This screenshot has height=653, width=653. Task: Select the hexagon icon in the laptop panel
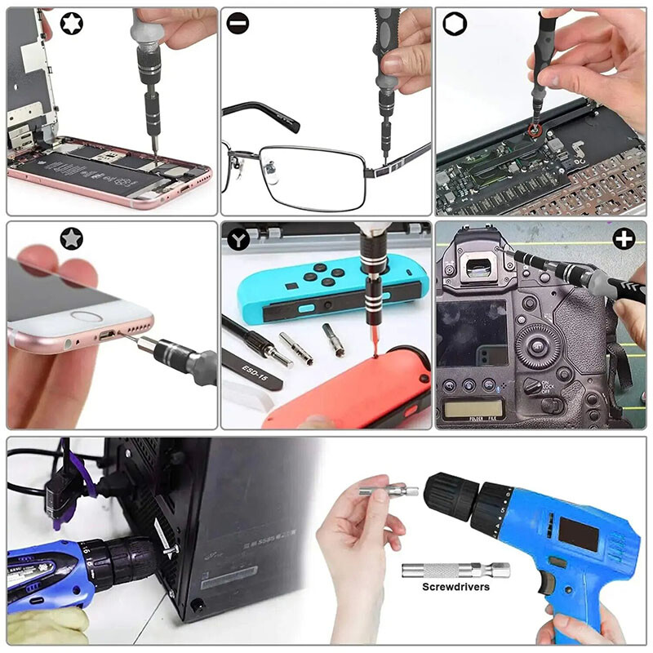coord(453,24)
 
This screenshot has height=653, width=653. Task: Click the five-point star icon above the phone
coord(72,238)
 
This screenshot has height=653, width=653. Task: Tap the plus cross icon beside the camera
coord(624,239)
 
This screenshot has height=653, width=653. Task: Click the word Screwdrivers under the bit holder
coord(455,587)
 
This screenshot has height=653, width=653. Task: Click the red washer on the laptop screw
coord(535,128)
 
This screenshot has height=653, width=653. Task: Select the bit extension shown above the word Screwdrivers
coord(455,570)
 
